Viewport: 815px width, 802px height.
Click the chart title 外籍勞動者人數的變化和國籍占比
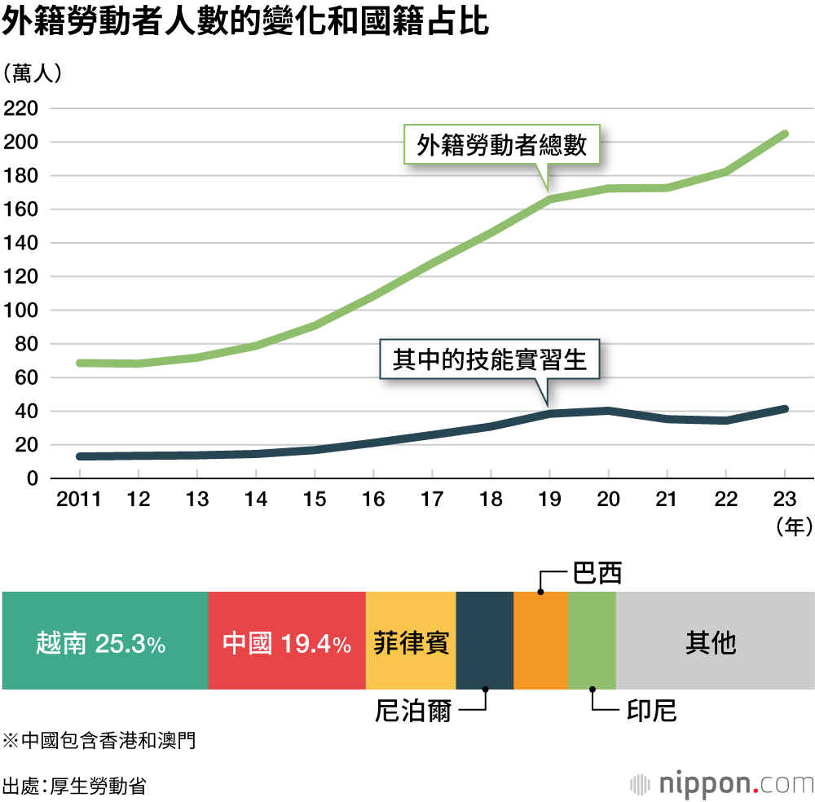[245, 23]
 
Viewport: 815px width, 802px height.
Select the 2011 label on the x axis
[79, 500]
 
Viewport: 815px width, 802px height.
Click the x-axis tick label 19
[549, 500]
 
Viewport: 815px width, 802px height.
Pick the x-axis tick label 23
[784, 500]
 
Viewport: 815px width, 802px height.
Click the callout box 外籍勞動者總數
[502, 145]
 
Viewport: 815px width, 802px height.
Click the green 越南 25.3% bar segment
[104, 643]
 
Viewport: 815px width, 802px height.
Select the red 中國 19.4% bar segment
[287, 643]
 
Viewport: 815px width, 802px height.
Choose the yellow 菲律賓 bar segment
[411, 643]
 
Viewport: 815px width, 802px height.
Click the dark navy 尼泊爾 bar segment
[484, 643]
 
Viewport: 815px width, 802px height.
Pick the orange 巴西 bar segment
[540, 643]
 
